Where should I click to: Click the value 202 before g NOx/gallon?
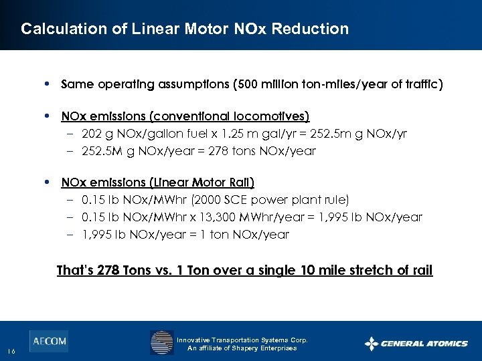92,134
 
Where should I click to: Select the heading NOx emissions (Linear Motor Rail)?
157,183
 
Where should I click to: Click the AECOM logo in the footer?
48,341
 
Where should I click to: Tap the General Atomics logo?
416,344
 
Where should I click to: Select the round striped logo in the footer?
161,342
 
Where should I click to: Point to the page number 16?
11,352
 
